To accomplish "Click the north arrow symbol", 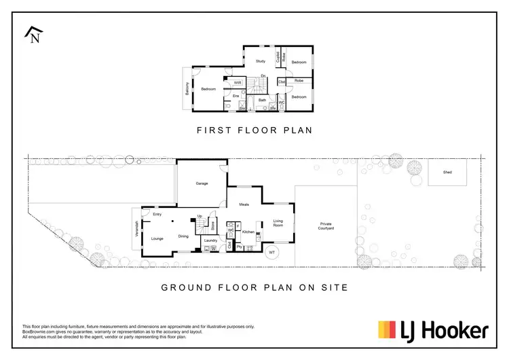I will (x=32, y=35).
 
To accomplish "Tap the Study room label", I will (x=260, y=61).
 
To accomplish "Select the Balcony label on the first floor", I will (x=187, y=89).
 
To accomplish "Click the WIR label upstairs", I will (x=238, y=83).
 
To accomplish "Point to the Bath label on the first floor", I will (x=262, y=100).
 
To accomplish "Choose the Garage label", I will (x=202, y=183).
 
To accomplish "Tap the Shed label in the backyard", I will (x=447, y=173).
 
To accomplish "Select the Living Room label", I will (x=278, y=223).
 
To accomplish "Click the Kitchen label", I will (x=248, y=232).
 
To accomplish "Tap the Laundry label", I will (x=210, y=240).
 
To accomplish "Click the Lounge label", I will (x=157, y=238).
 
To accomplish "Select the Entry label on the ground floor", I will (x=157, y=215).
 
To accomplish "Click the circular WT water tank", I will (x=272, y=253).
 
